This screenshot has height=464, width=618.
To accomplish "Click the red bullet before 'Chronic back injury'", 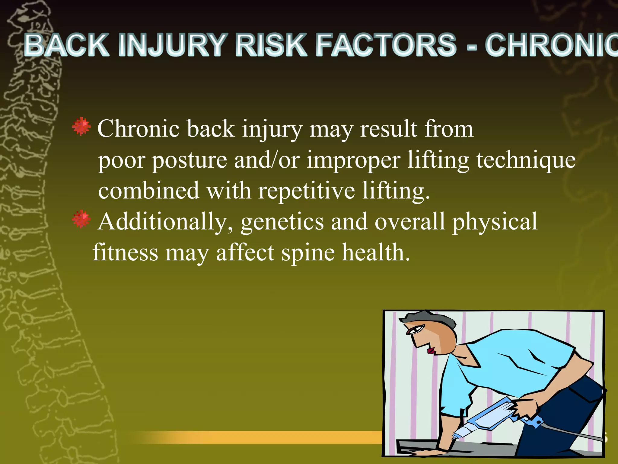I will tap(81, 126).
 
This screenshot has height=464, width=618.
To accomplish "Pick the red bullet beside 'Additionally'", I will tap(81, 219).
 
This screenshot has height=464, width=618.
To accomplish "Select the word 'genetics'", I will tap(282, 222).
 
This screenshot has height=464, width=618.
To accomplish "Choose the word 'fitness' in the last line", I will tap(125, 253).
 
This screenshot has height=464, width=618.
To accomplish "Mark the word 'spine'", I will tap(308, 253).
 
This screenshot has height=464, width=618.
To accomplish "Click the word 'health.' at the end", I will tap(376, 253).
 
